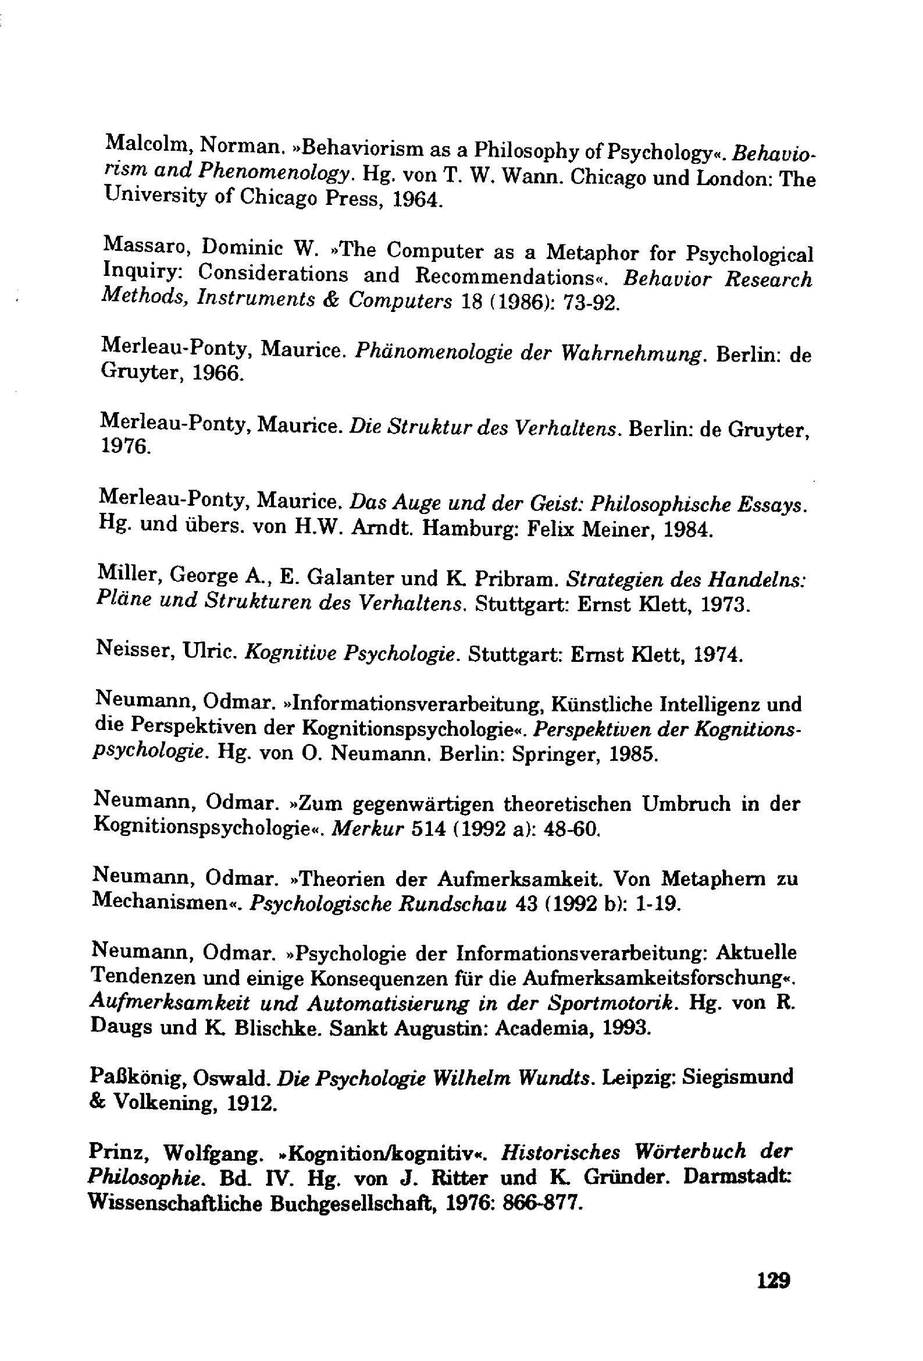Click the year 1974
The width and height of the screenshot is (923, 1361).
click(x=718, y=654)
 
